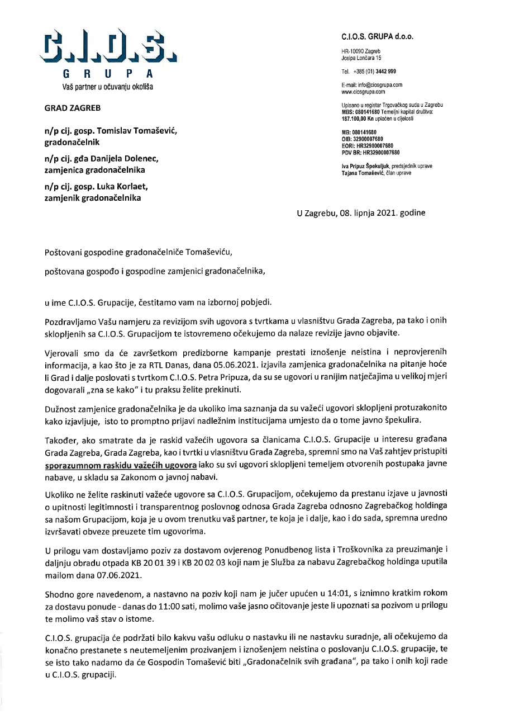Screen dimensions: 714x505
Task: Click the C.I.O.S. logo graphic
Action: pyautogui.click(x=108, y=48)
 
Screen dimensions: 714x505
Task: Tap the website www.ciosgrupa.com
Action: pyautogui.click(x=363, y=91)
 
